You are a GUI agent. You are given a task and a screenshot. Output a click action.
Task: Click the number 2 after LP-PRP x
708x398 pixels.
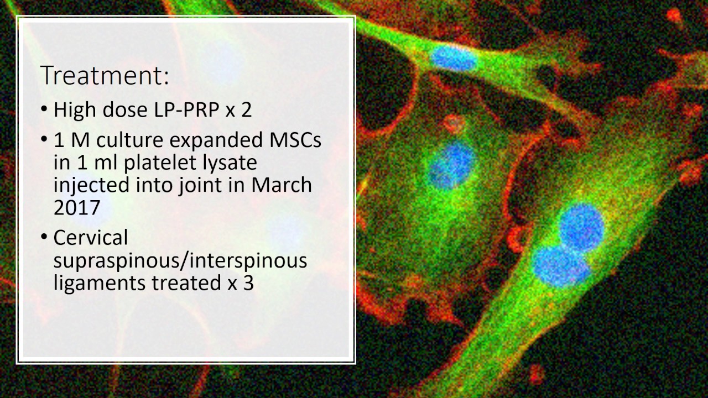coord(247,109)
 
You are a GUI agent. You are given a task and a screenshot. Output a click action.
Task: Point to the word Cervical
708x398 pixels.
coord(91,238)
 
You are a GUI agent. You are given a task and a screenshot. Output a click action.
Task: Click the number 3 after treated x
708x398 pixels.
coord(248,282)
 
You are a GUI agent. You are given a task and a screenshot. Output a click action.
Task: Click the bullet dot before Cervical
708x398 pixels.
coord(44,237)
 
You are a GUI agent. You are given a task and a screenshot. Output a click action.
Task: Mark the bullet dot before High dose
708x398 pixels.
coord(44,109)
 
